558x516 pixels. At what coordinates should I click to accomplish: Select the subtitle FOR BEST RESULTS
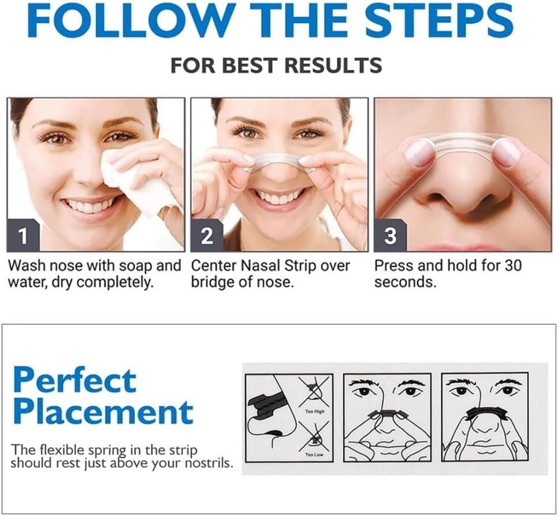[x=276, y=65]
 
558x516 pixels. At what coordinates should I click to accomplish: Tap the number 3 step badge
[x=390, y=236]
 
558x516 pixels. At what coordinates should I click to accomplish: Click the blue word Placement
[x=103, y=411]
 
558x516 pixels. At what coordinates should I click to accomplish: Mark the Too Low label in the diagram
[x=313, y=455]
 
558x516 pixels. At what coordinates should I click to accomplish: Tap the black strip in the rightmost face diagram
[x=485, y=412]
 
